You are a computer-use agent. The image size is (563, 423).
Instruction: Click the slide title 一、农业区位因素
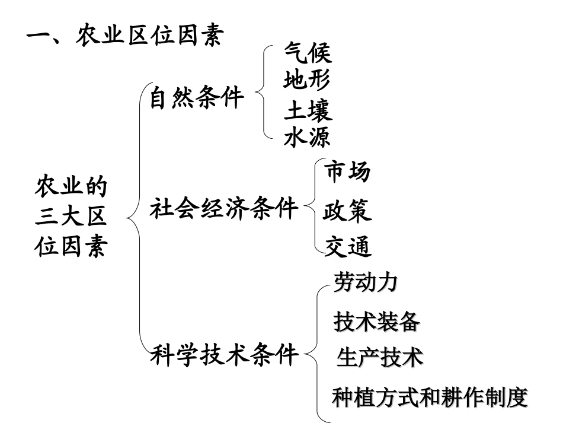coord(125,37)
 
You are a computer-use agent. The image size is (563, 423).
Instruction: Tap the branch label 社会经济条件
coord(224,208)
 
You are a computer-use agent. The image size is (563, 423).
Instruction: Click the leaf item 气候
coord(308,53)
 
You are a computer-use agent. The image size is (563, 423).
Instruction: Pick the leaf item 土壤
coord(308,111)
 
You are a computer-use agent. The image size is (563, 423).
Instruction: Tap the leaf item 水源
coord(307,138)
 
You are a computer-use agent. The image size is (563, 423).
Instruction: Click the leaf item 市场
coord(348,172)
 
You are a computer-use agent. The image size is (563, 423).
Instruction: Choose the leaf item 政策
coord(347,211)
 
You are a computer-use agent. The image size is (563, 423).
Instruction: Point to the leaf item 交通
coord(348,246)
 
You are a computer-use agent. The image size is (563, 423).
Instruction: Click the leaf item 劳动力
coord(365,283)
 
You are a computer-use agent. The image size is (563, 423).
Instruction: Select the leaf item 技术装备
coord(377,322)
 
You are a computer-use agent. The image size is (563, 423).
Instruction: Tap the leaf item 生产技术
coord(380,358)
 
